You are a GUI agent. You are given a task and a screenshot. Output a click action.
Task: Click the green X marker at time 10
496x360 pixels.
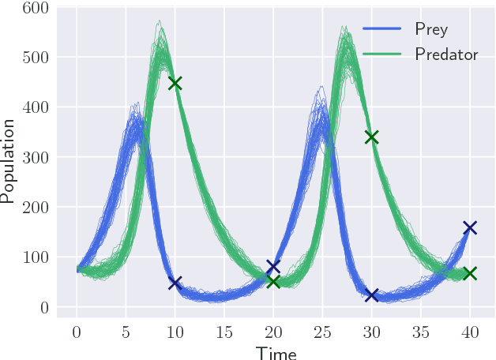(175, 83)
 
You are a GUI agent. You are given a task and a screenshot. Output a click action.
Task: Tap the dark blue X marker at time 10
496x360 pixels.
(175, 283)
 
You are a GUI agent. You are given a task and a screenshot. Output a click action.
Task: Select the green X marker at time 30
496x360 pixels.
(371, 137)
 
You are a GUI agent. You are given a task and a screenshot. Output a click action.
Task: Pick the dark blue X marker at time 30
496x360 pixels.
(371, 295)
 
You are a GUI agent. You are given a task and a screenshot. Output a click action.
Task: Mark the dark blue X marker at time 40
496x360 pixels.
(470, 227)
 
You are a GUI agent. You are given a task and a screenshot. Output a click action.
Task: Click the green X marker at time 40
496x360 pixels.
(470, 273)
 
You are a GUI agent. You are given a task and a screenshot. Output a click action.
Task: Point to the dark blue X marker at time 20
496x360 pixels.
(273, 267)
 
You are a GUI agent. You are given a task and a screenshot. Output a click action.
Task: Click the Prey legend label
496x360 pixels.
(431, 30)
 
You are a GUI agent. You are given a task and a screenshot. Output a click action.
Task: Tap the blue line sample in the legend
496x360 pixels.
(382, 30)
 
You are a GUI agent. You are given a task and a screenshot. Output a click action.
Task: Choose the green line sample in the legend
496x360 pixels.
(382, 54)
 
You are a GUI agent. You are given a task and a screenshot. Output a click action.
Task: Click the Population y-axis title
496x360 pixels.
(9, 161)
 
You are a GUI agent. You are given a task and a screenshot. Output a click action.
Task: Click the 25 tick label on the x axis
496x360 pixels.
(322, 329)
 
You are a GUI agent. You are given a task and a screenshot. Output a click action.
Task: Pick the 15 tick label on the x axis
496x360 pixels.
(224, 329)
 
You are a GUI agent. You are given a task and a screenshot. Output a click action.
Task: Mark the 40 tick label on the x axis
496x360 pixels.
(470, 329)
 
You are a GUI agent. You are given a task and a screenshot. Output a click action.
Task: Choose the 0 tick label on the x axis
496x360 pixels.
(77, 329)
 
